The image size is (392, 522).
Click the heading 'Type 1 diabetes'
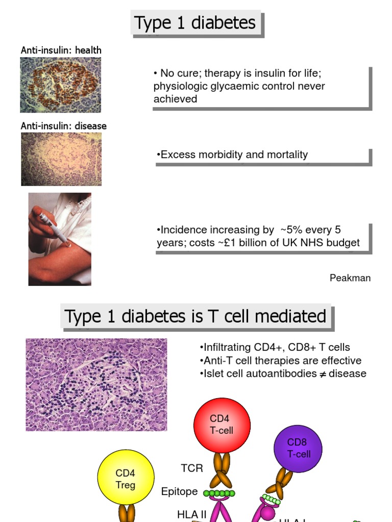[x=194, y=23]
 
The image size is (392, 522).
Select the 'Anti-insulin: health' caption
[x=61, y=50]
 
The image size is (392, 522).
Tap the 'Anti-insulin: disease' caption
[x=63, y=125]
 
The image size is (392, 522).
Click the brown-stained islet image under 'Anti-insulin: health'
[x=60, y=85]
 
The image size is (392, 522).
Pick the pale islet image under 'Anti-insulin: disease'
[x=61, y=159]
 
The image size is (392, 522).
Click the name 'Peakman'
[x=350, y=278]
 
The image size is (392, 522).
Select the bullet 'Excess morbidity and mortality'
[x=234, y=154]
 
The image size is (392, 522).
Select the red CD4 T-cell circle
[x=222, y=425]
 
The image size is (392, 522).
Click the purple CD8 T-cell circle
[x=298, y=448]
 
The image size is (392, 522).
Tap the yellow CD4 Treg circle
[x=125, y=479]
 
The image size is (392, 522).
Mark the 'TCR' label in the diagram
[x=192, y=468]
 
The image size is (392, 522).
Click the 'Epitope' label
[x=179, y=491]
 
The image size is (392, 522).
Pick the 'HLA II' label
[x=191, y=514]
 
